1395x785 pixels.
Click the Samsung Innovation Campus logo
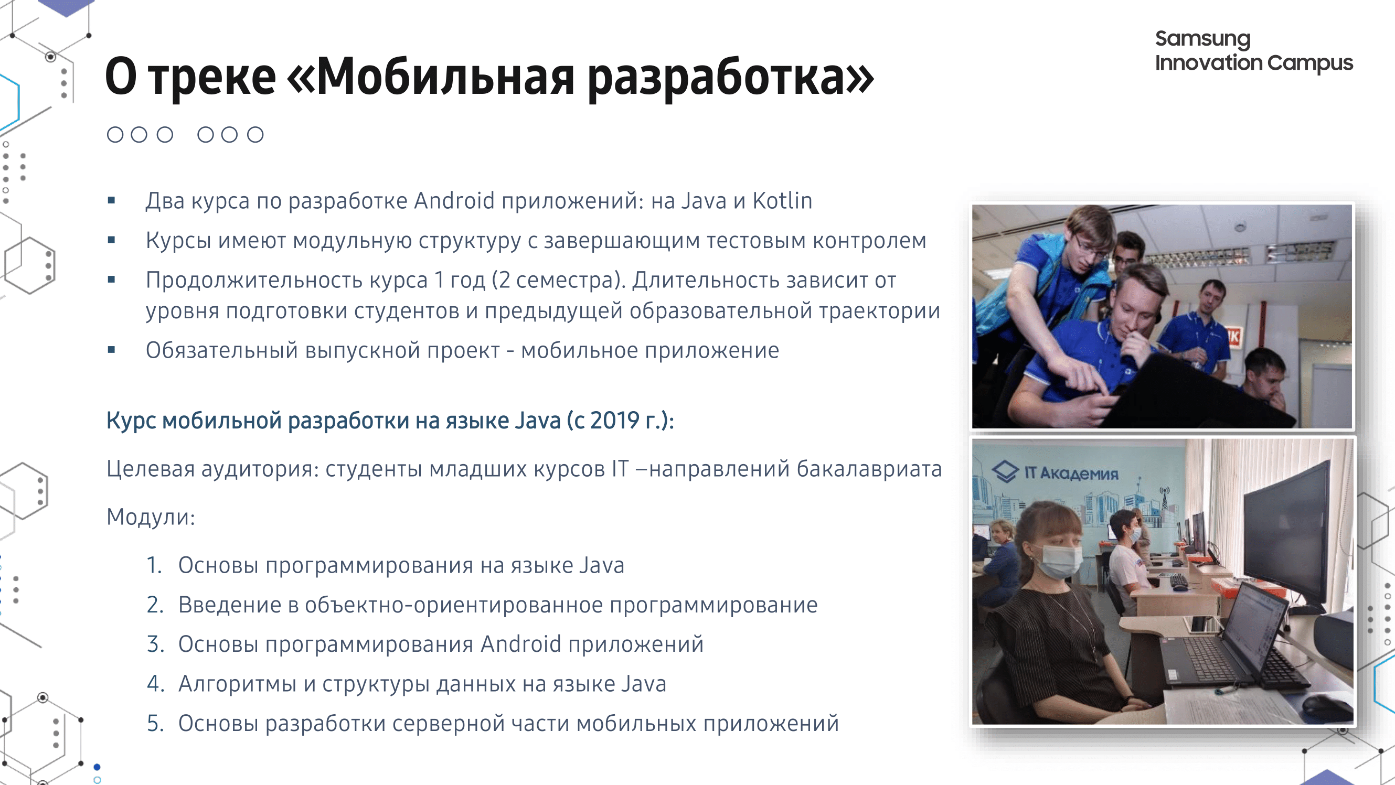(x=1254, y=51)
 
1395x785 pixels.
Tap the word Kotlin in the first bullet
(x=783, y=201)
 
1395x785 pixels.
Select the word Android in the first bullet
(x=454, y=201)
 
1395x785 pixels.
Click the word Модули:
(x=151, y=517)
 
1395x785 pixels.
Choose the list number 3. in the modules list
(x=155, y=644)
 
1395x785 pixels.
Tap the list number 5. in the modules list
(x=155, y=723)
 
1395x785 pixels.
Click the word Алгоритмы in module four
(x=237, y=684)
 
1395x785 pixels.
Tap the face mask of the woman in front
(x=1060, y=561)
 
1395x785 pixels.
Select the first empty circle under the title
(x=115, y=134)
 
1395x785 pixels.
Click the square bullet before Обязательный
(x=112, y=350)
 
